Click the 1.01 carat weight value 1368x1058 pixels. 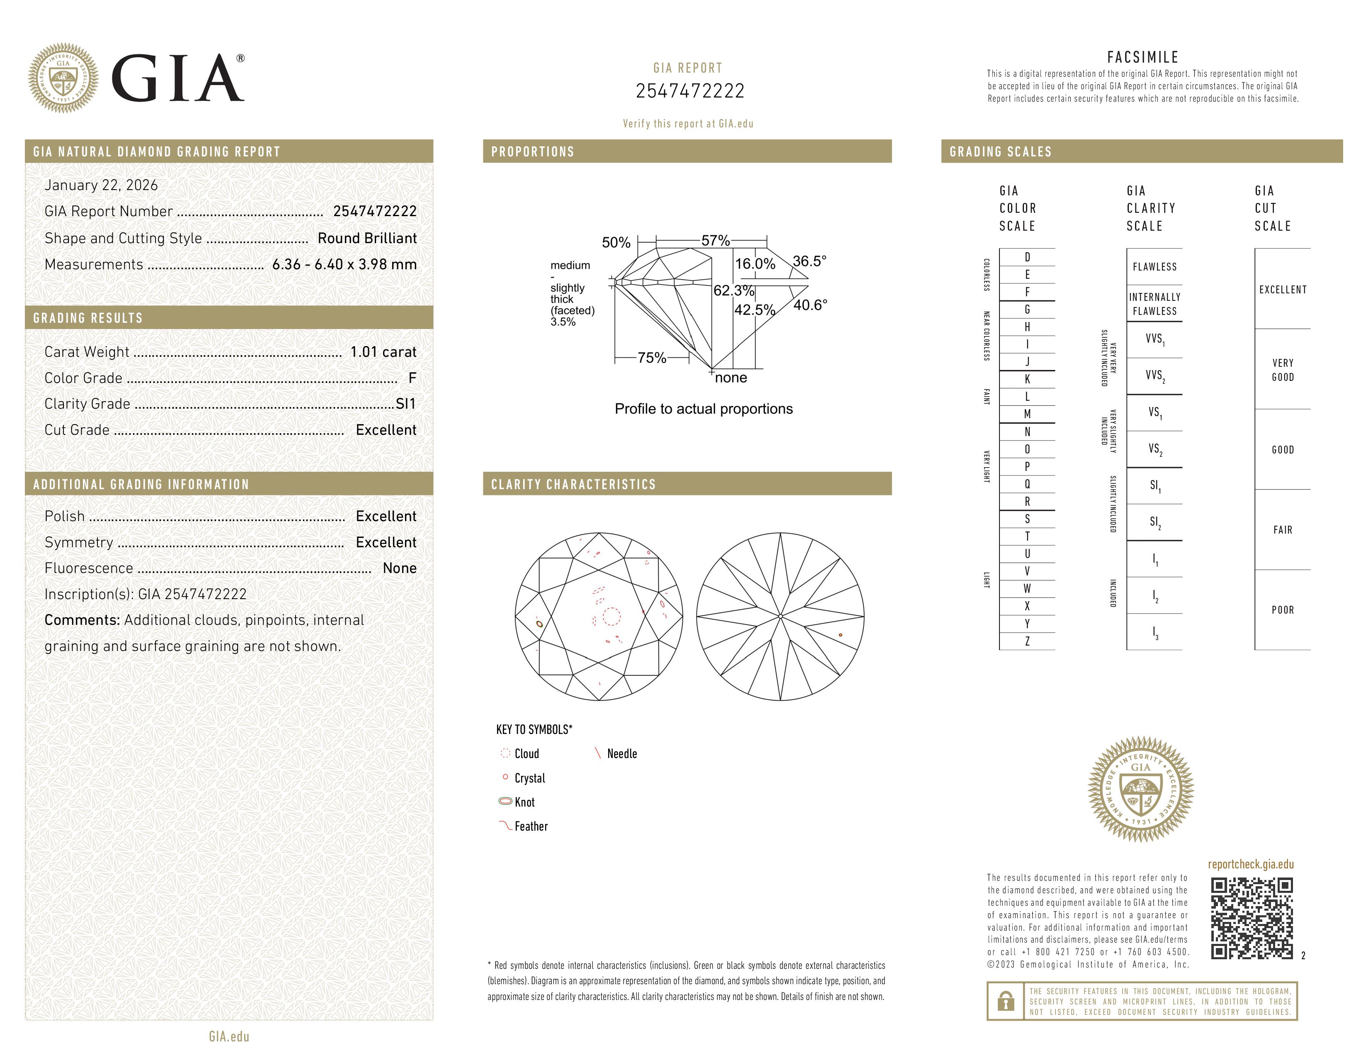(383, 352)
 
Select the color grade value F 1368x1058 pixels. (412, 378)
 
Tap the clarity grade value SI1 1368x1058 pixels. (405, 404)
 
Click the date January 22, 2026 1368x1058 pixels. (101, 185)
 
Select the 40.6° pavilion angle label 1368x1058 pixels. (810, 305)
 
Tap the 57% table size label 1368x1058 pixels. (716, 241)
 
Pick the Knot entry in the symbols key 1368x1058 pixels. (524, 802)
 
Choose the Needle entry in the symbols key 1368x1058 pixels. (621, 754)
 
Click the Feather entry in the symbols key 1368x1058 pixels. (531, 827)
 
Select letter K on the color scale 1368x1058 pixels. (1027, 379)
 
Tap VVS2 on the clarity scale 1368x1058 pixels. (1155, 375)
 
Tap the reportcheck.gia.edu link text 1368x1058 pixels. (1250, 864)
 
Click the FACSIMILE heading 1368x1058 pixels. (1142, 57)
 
